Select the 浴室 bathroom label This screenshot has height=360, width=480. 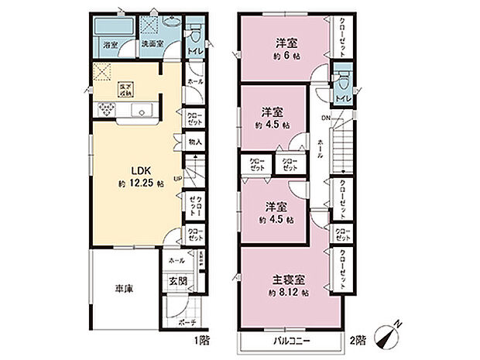pyautogui.click(x=111, y=46)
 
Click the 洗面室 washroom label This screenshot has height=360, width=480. pyautogui.click(x=152, y=44)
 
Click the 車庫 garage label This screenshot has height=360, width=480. pyautogui.click(x=123, y=288)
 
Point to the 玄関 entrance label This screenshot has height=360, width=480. pyautogui.click(x=178, y=281)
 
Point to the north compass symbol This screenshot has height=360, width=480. pyautogui.click(x=390, y=334)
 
